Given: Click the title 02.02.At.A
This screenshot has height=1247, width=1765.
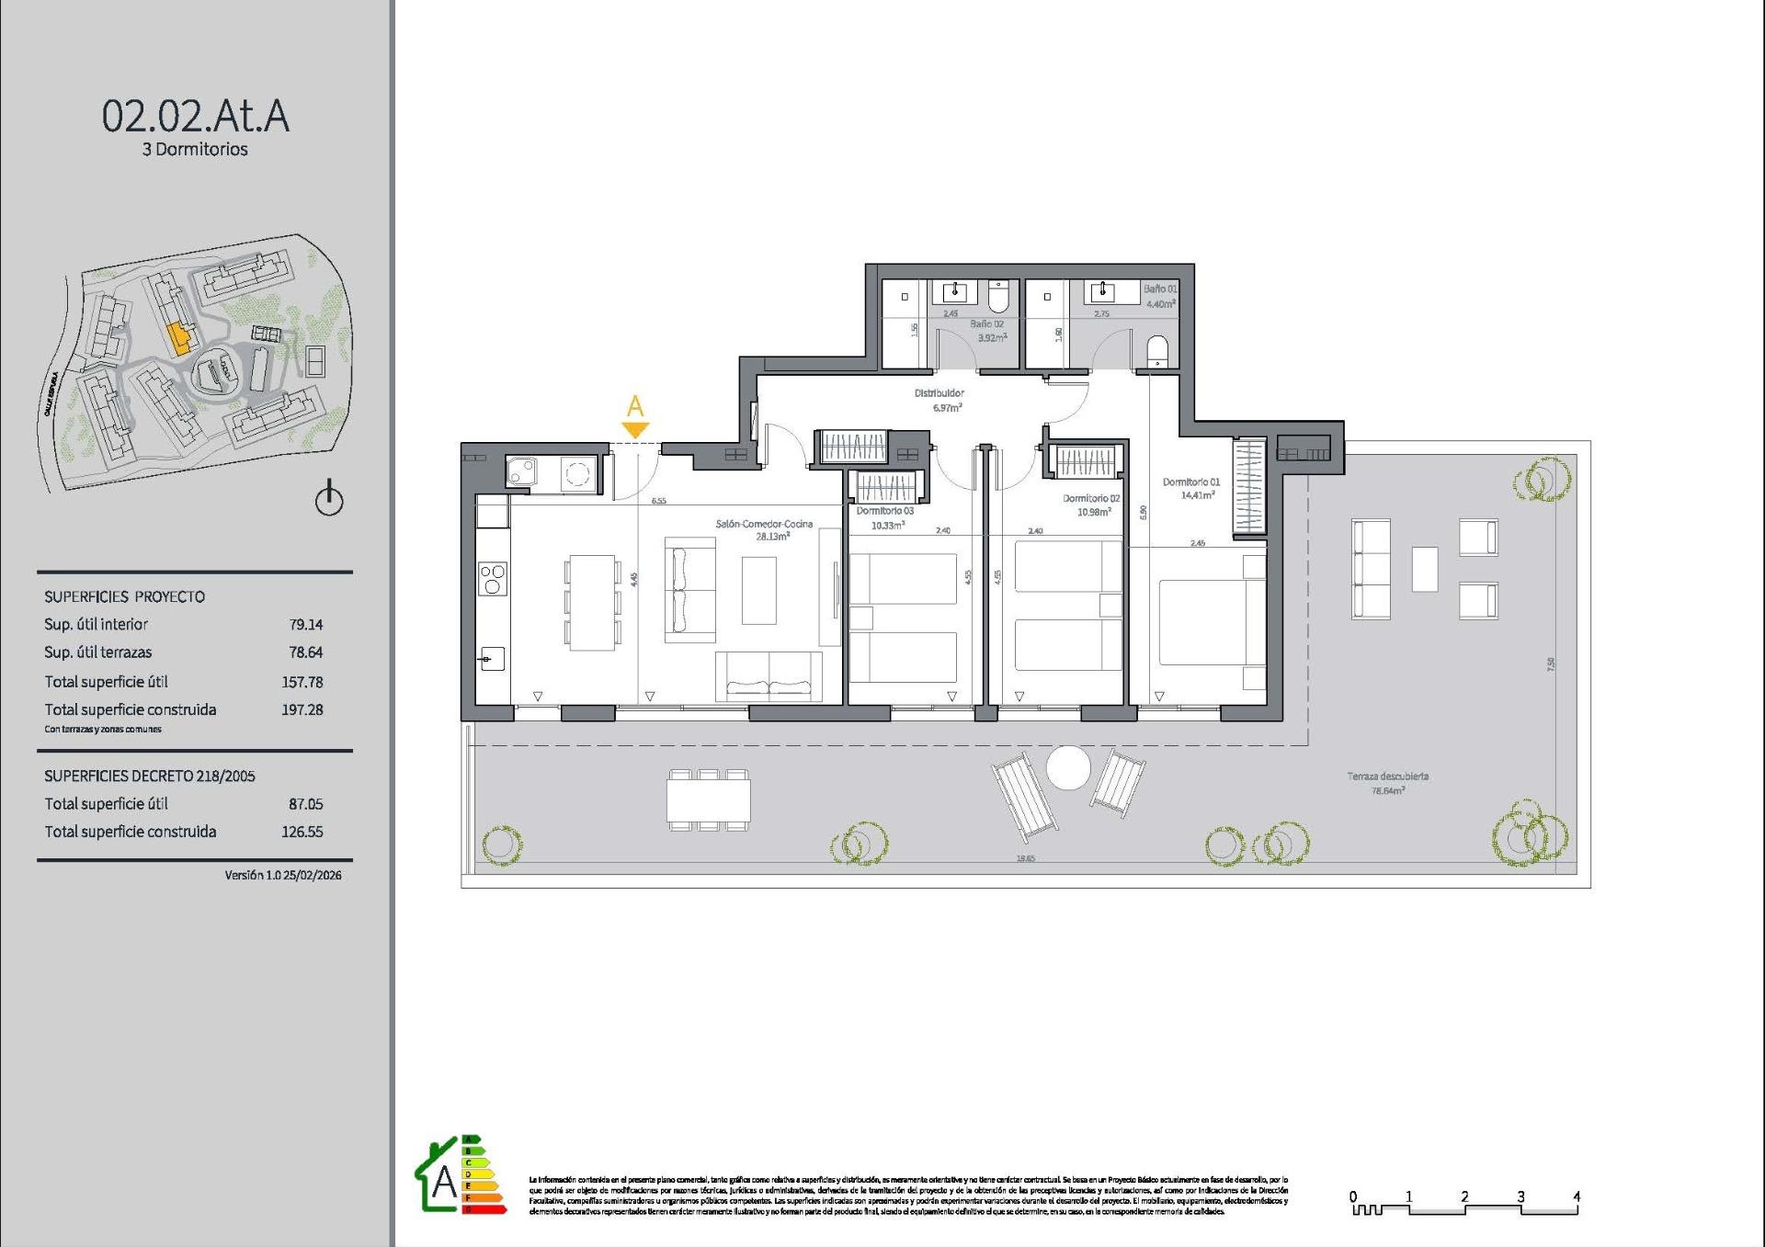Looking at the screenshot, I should pos(195,117).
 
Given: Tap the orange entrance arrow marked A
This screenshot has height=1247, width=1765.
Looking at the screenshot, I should pos(635,428).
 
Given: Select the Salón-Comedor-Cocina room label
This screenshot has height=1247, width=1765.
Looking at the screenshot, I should pos(764,524).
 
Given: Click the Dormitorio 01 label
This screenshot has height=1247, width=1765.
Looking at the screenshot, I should pos(1190,482).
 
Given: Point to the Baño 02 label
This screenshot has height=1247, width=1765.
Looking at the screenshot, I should pos(986,324).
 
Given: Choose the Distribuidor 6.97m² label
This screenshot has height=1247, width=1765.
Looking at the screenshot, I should pos(939,400).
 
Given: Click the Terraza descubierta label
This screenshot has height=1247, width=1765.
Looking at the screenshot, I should pos(1387,777).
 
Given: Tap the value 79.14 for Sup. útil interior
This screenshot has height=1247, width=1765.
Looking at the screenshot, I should pos(305,625).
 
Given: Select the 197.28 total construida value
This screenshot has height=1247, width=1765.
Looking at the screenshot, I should pos(302,710).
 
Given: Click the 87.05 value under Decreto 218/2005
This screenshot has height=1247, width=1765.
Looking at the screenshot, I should pos(305,804).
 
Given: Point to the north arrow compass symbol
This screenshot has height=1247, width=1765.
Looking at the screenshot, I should pos(329,499).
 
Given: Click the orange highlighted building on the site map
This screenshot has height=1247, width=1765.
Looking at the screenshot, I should pos(178,337).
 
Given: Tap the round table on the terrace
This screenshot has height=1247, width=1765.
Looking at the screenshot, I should pos(1068,767).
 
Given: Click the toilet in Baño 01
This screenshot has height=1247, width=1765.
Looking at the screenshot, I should pos(1156,350).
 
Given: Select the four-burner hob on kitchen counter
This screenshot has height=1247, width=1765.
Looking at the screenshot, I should pos(493,579).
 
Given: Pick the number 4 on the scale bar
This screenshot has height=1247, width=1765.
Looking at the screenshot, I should pos(1576,1196).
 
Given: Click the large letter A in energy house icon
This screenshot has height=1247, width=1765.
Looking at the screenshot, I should pos(444,1185).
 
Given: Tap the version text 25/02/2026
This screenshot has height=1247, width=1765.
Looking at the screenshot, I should pos(312,876).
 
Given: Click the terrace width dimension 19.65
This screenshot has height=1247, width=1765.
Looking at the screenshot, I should pos(1025,858).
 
